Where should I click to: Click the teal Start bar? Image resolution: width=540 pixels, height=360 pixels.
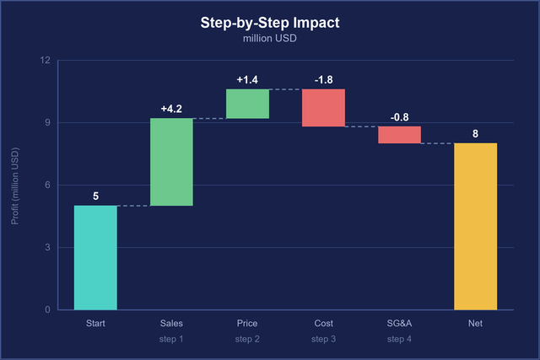click(x=95, y=257)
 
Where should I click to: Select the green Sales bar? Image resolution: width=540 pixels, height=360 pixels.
click(x=171, y=162)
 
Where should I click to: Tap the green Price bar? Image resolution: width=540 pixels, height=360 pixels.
click(x=247, y=104)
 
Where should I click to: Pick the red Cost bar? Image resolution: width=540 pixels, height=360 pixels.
click(x=323, y=108)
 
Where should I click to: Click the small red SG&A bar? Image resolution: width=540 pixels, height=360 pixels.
click(x=399, y=135)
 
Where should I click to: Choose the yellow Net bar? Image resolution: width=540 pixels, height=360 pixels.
click(x=476, y=226)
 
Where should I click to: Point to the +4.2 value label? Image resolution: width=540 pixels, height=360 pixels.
click(x=171, y=109)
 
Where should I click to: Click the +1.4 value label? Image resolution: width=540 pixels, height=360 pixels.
click(x=247, y=80)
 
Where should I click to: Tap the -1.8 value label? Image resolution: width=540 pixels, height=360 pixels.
click(x=324, y=80)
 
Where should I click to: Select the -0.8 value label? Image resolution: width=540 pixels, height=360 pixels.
click(x=399, y=117)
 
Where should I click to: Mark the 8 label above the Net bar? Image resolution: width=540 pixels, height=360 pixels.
click(x=476, y=133)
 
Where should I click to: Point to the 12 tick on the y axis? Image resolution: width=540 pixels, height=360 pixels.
click(x=45, y=60)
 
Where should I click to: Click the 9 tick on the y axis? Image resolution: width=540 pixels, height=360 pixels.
click(x=47, y=122)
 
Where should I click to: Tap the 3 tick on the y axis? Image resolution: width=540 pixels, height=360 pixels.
click(x=47, y=247)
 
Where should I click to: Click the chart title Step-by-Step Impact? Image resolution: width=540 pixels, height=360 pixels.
click(x=270, y=23)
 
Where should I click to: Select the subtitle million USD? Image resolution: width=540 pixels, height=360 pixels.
click(x=270, y=38)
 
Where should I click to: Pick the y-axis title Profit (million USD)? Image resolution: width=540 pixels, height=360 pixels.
click(x=15, y=185)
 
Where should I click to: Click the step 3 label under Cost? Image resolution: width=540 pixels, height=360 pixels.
click(x=323, y=339)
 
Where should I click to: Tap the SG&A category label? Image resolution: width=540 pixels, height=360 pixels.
click(x=399, y=323)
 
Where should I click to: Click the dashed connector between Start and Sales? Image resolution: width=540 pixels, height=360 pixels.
click(x=133, y=206)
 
